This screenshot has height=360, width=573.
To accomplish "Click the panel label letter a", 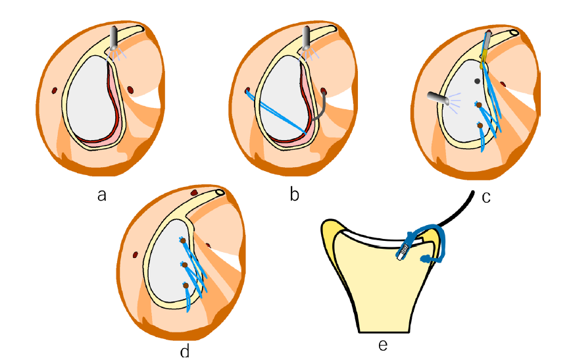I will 102,195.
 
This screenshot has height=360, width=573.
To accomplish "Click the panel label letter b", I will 295,195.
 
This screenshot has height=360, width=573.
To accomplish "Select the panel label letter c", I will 486,197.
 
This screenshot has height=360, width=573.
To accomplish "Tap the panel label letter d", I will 185,351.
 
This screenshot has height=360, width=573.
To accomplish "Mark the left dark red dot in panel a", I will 55,90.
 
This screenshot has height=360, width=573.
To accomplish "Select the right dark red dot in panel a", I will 130,89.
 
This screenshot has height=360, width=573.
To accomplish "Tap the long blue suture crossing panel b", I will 276,113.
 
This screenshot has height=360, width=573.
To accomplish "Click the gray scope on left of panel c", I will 436,97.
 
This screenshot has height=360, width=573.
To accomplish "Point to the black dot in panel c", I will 478,81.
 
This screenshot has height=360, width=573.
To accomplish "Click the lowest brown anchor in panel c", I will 480,125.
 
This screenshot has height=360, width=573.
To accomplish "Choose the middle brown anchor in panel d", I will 184,265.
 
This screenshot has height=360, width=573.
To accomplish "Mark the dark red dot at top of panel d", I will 195,192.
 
